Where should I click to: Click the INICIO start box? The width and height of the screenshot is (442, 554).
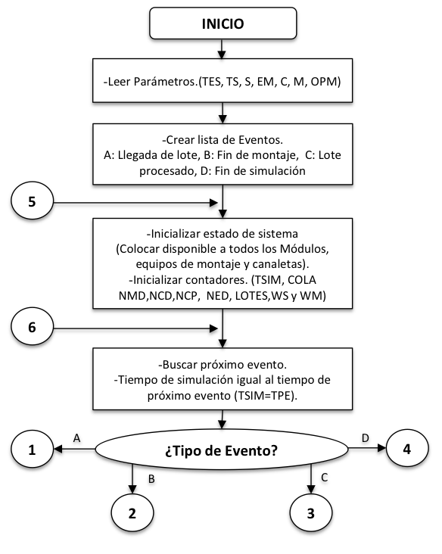tap(223, 23)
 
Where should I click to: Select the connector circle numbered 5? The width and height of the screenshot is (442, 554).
tap(32, 202)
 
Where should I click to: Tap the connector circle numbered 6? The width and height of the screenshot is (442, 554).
tap(32, 327)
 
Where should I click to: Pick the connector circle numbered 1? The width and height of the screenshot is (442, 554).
tap(32, 450)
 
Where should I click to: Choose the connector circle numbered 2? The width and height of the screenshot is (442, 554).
tap(132, 513)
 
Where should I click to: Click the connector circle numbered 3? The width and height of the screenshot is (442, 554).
tap(310, 513)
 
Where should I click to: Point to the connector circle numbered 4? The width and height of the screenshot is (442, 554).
tap(407, 449)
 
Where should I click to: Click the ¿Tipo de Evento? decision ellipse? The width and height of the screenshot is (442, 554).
tap(222, 450)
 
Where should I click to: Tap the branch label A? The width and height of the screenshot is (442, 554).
tap(76, 438)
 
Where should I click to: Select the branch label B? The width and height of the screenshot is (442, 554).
tap(151, 479)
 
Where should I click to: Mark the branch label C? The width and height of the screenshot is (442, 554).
tap(325, 478)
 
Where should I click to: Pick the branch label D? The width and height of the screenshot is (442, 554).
tap(366, 438)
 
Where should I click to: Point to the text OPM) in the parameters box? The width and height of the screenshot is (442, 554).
tap(325, 82)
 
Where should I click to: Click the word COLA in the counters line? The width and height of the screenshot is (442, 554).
tap(302, 280)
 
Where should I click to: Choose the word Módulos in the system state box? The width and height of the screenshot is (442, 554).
tap(304, 249)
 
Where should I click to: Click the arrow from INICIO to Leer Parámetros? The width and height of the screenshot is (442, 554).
tap(222, 48)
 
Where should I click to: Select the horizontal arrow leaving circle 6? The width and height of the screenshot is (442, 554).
tap(135, 328)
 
